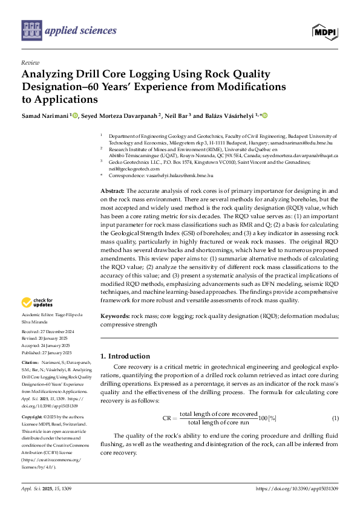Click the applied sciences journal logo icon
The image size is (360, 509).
[30, 29]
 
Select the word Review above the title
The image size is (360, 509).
[30, 63]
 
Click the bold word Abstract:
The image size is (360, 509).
[113, 191]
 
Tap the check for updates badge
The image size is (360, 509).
[39, 303]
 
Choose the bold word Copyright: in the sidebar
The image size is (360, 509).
[33, 417]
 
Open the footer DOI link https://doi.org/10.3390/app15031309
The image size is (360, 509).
[297, 488]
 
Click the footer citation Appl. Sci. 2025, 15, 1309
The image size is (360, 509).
[47, 488]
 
